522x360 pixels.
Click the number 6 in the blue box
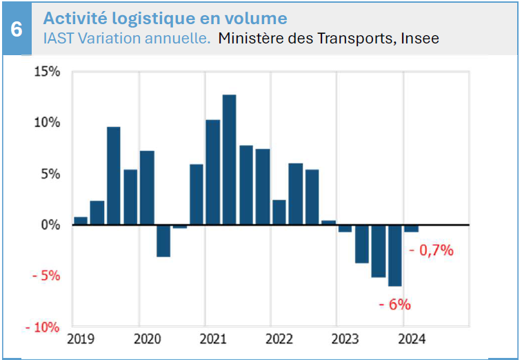17,30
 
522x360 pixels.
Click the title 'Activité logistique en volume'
165,18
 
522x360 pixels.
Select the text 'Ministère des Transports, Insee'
328,39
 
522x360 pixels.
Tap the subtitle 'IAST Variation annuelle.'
127,39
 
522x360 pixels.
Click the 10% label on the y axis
47,123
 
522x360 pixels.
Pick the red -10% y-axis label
42,327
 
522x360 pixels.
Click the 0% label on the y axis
50,225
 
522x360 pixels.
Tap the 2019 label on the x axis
81,339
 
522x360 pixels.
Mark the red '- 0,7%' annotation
432,250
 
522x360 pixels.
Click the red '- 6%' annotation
394,304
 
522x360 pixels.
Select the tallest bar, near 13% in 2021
229,159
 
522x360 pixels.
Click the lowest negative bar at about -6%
394,255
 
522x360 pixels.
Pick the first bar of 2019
81,221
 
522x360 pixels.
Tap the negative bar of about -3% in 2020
163,241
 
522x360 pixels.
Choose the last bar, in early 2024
411,228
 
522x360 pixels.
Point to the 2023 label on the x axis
345,339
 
